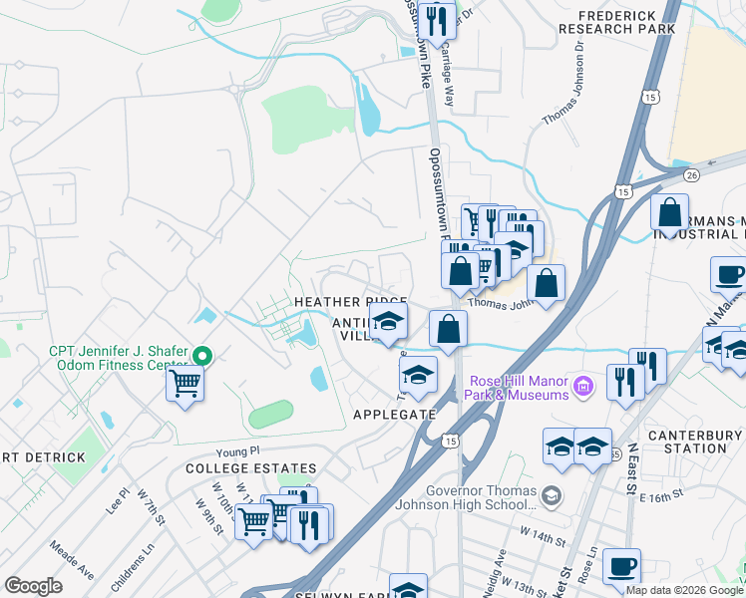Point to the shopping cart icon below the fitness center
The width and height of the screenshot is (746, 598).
185,382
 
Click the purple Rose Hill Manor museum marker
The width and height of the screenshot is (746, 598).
585,385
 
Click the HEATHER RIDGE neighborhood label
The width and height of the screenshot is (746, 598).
349,302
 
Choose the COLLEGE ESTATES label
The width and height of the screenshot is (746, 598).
250,468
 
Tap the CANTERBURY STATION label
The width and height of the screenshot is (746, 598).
694,442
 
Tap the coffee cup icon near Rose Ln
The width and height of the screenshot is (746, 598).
621,566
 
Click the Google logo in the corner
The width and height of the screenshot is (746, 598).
33,585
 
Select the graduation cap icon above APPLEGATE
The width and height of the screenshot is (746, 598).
418,374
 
